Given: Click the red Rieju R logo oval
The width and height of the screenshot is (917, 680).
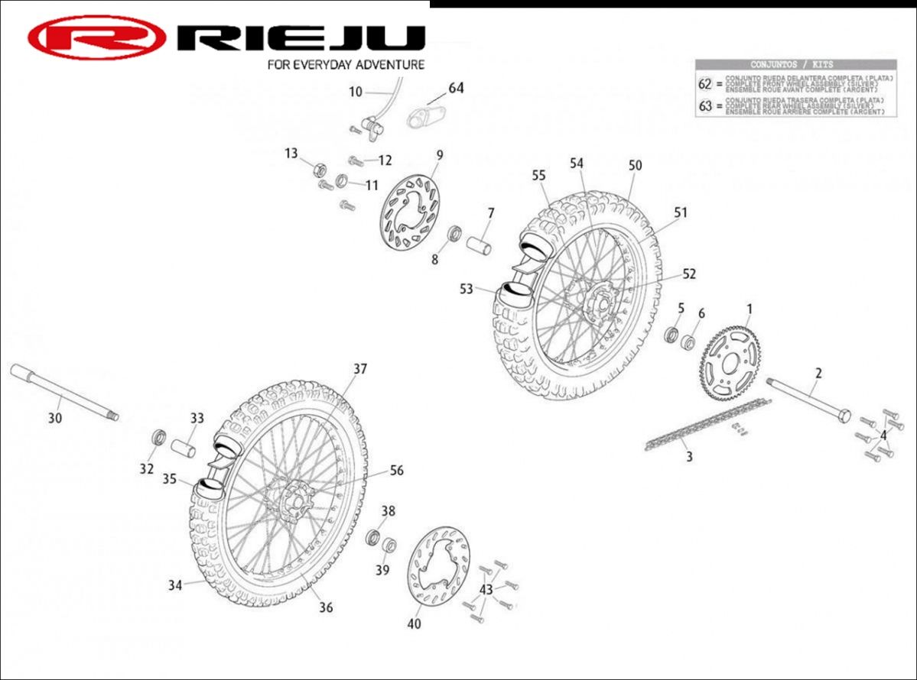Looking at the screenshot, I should (x=97, y=37).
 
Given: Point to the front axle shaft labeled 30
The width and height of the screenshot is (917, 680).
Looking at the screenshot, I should (x=61, y=393).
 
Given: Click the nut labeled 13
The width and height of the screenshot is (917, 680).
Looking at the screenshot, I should (x=321, y=169).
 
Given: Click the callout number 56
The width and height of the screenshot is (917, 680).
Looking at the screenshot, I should (x=396, y=471).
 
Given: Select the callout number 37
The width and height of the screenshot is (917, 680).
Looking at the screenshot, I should (x=360, y=369).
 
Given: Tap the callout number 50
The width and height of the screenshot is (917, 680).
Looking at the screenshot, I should (x=635, y=165).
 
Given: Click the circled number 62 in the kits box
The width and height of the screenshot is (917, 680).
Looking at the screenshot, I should (x=705, y=83).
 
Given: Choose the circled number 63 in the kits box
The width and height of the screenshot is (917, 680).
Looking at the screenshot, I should (x=705, y=106).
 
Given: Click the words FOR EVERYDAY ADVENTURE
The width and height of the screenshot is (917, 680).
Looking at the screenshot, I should (x=346, y=65).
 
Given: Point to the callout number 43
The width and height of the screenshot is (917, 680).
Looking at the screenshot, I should (x=486, y=590).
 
